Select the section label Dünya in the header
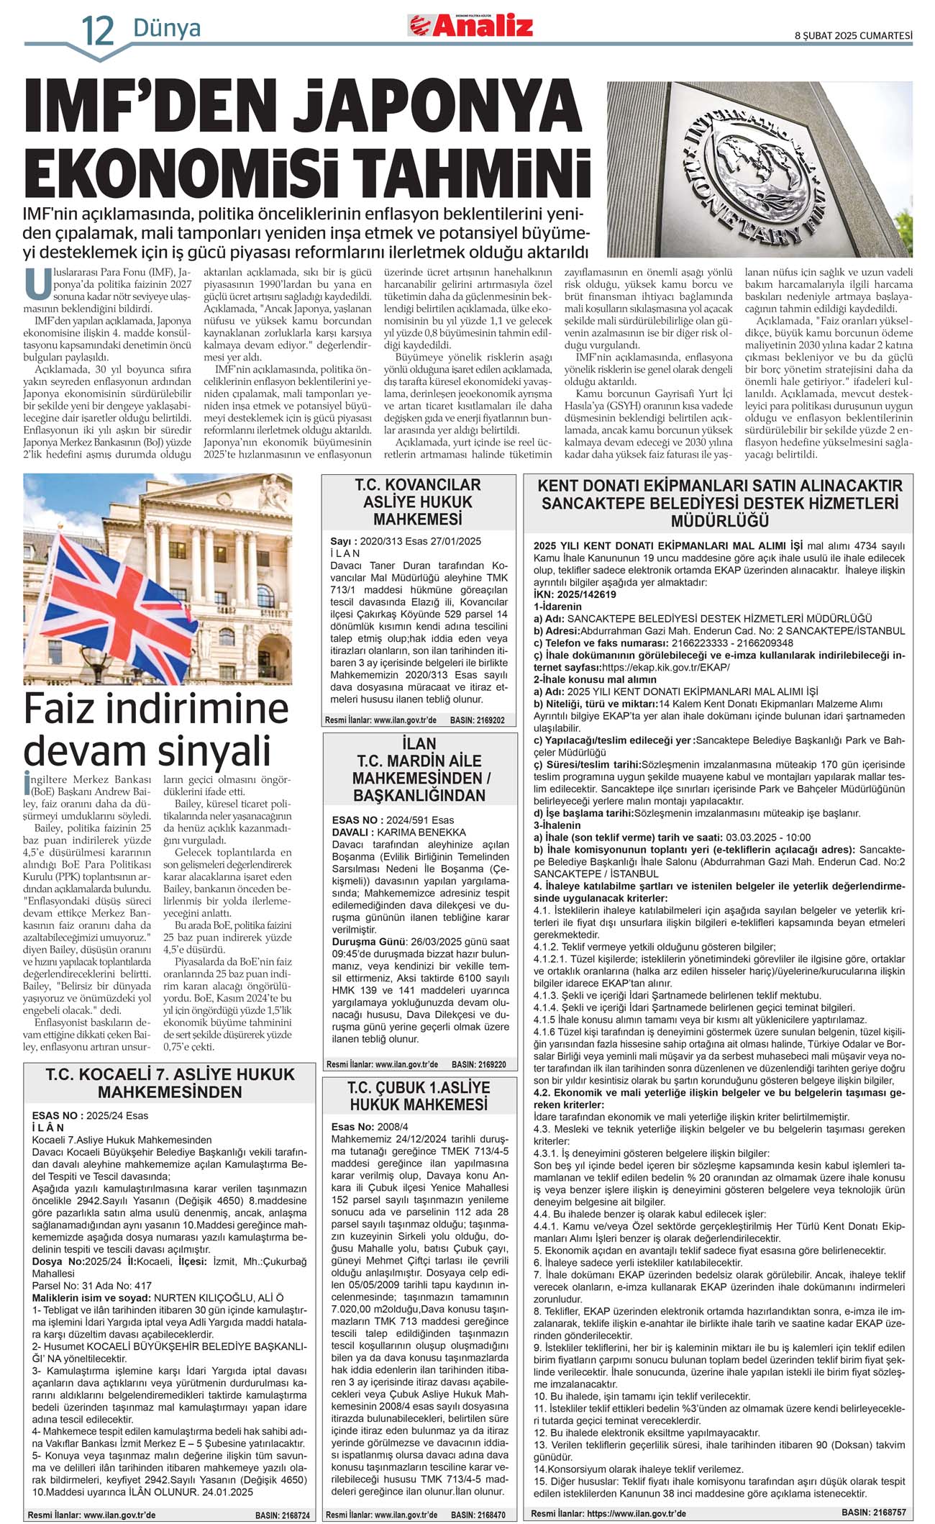pos(167,29)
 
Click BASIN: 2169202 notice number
pos(477,720)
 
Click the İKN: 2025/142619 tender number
pos(575,594)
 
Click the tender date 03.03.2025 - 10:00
pos(768,837)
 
